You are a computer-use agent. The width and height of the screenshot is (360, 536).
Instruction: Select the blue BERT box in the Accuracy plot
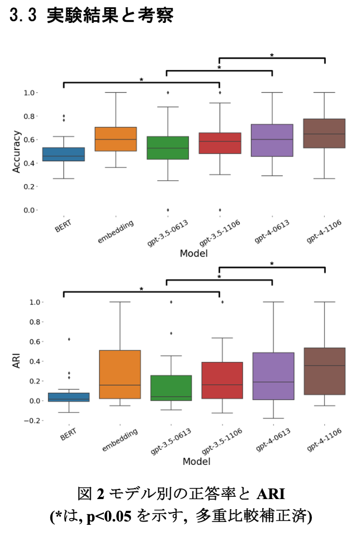(x=64, y=154)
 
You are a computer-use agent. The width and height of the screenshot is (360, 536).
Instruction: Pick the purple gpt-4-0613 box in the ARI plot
(x=272, y=376)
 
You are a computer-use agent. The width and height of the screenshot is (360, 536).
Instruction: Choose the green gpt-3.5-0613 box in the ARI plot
(x=167, y=388)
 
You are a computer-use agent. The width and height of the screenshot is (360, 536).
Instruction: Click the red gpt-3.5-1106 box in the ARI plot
(x=220, y=380)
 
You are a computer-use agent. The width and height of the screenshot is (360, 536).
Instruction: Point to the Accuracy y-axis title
(x=17, y=151)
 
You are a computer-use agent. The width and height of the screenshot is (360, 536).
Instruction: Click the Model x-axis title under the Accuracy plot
(x=195, y=253)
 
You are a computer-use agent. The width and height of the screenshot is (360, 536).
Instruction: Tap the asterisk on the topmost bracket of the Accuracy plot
(x=272, y=55)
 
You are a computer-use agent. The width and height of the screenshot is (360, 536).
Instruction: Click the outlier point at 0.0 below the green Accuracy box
(x=167, y=210)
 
